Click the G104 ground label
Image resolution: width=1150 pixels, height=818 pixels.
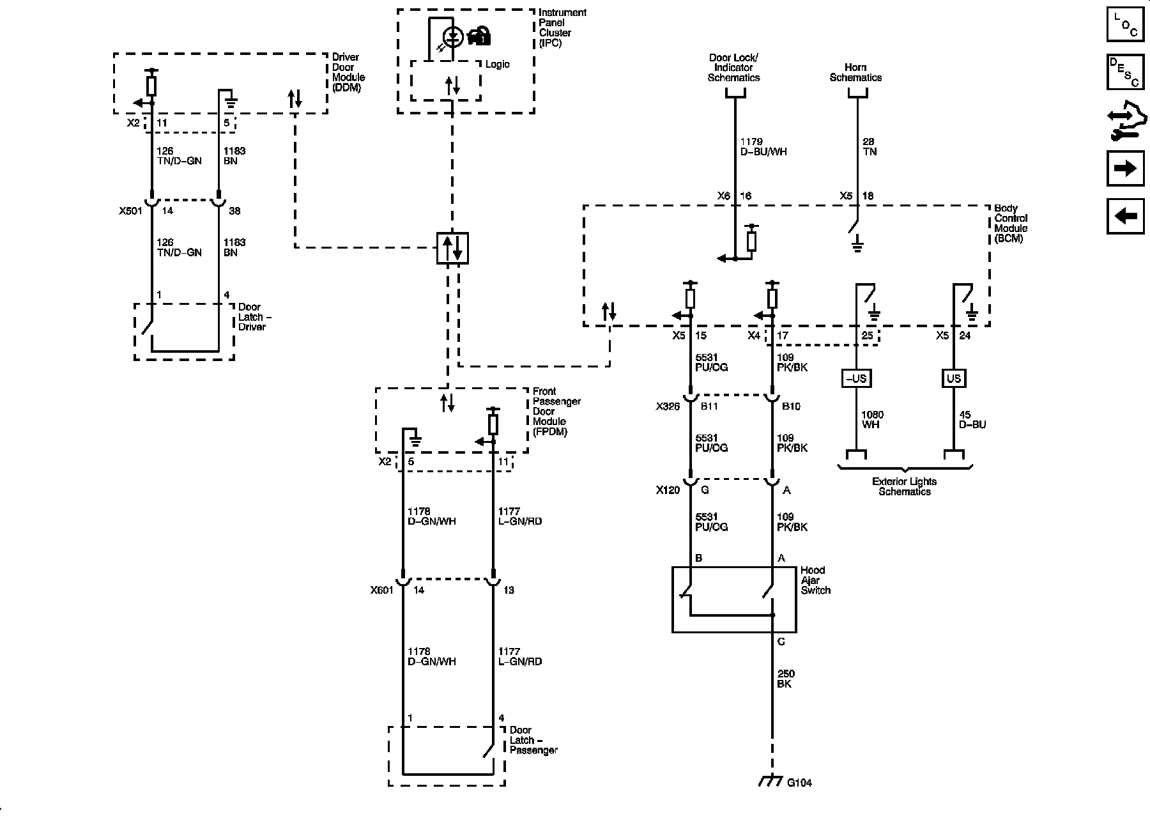(799, 783)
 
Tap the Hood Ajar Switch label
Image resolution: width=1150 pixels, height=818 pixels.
(815, 580)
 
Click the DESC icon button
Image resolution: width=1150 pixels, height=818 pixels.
(1125, 72)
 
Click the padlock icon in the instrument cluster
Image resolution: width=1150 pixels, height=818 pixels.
(479, 36)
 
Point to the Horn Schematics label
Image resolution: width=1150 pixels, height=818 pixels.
(855, 72)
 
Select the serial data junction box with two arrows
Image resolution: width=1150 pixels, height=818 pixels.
(452, 248)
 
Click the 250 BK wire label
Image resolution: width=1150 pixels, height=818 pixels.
(785, 679)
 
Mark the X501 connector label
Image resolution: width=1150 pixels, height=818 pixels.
(130, 211)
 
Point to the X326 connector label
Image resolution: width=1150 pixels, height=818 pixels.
(668, 406)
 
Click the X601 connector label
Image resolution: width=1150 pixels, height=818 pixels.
(382, 590)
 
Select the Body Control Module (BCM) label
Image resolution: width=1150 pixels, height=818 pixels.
(1011, 223)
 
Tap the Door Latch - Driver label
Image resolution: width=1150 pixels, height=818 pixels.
(252, 317)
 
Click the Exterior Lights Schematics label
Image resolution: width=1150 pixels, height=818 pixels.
(905, 486)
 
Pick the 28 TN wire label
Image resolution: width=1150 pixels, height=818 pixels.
(869, 146)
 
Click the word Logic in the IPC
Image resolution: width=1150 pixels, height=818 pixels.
(498, 64)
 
